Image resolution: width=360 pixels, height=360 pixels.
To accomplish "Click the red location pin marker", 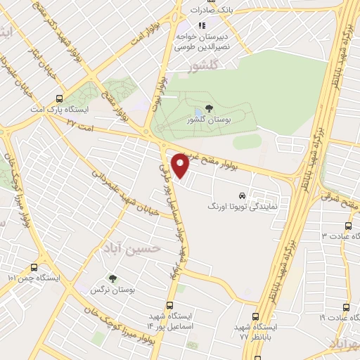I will (x=181, y=165).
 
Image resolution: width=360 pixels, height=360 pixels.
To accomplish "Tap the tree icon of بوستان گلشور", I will (x=209, y=108).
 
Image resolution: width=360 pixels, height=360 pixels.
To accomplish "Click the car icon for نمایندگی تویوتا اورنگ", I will (x=243, y=195).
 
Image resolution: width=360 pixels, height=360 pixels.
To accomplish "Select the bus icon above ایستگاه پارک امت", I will (x=59, y=98).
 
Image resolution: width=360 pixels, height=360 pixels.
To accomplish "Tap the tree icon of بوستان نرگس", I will (x=112, y=278).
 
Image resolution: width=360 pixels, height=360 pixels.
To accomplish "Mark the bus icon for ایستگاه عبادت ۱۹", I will (x=346, y=307).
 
